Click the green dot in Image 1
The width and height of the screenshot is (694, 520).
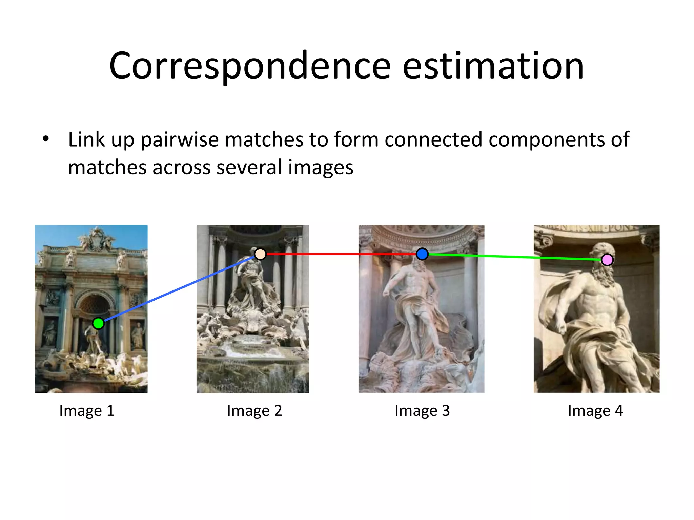98,323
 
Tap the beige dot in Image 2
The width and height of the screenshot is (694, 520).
260,254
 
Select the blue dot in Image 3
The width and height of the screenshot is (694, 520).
422,254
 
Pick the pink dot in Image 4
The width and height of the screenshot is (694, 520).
607,260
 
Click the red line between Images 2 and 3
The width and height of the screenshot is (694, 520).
339,254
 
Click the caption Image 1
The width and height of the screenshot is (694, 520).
87,411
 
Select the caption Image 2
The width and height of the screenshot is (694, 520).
254,411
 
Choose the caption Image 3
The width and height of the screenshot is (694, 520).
422,411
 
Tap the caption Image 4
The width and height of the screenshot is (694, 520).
595,411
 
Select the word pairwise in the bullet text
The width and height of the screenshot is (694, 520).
180,139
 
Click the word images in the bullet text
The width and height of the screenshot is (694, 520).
321,167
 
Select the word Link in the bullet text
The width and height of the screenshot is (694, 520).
86,139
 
